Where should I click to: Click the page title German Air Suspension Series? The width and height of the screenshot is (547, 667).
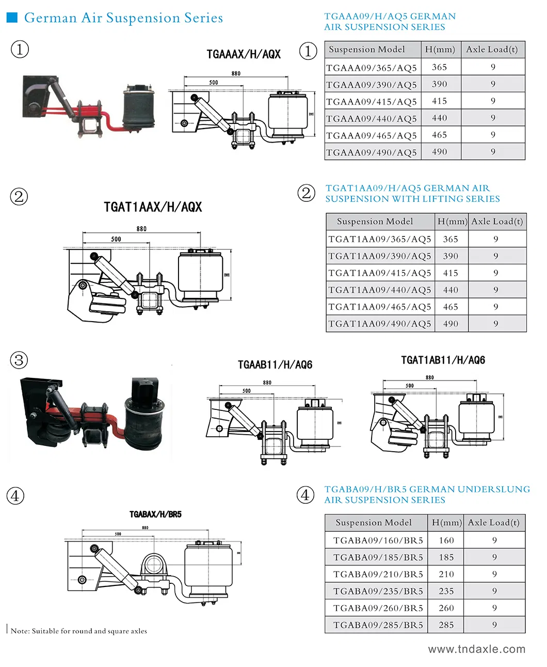pos(123,18)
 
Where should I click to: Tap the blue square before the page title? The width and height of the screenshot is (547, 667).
pos(12,18)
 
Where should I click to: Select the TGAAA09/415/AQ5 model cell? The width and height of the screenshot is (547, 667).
pos(372,102)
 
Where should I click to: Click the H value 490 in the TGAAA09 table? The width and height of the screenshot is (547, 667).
pos(440,152)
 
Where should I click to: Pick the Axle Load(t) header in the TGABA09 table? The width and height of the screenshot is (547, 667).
pos(493,522)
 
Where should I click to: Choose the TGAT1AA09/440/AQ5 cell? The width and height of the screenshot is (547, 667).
pos(379,290)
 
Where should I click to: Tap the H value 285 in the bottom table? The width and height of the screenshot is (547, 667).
pos(446,625)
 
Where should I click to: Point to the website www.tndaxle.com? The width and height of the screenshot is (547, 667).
pos(476,649)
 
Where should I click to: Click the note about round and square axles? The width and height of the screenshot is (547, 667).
pos(79,631)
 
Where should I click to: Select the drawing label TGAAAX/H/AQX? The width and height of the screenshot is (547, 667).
pos(244,54)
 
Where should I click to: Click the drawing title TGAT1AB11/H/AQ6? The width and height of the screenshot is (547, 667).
pos(443,360)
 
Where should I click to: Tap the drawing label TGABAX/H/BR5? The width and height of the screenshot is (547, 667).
pos(155,514)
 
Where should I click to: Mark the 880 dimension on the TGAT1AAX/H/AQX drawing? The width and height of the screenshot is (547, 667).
pos(141,229)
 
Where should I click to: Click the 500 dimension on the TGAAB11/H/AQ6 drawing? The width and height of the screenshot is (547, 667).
pos(247,391)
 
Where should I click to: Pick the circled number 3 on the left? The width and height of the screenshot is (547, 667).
pos(19,360)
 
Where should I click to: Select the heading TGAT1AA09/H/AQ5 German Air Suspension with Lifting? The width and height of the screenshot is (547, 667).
pos(412,194)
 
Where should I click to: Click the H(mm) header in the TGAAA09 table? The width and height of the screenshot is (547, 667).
pos(440,50)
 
